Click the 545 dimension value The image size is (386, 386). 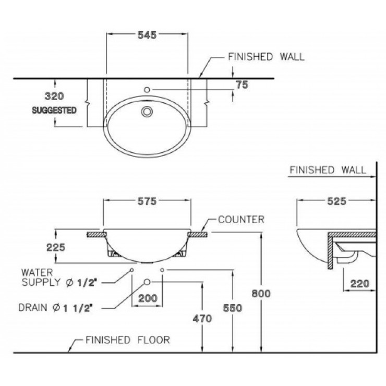pyautogui.click(x=147, y=35)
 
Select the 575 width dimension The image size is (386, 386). pyautogui.click(x=147, y=202)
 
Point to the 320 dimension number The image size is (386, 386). pyautogui.click(x=54, y=96)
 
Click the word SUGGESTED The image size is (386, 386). pyautogui.click(x=54, y=110)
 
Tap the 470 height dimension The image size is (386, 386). pyautogui.click(x=202, y=318)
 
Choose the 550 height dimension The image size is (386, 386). pyautogui.click(x=232, y=308)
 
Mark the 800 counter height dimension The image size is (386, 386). pyautogui.click(x=261, y=293)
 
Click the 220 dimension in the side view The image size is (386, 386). pyautogui.click(x=359, y=284)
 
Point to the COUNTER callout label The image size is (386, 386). pyautogui.click(x=241, y=220)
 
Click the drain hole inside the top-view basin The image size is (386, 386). pyautogui.click(x=147, y=111)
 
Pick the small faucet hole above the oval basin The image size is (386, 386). pyautogui.click(x=147, y=90)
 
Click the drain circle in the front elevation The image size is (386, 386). pyautogui.click(x=147, y=282)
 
